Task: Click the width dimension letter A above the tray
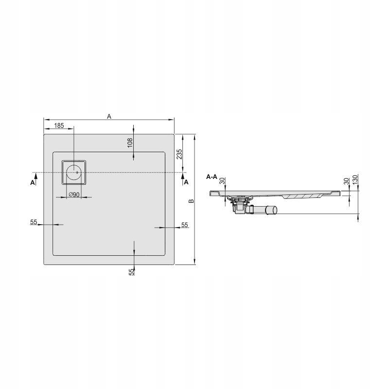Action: click(109, 116)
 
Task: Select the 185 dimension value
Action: click(59, 125)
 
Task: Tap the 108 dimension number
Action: click(130, 142)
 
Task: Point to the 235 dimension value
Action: click(179, 154)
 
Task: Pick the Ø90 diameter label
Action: click(74, 194)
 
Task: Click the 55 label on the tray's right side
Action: click(184, 225)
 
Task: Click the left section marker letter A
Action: click(33, 183)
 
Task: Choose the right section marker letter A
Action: click(186, 183)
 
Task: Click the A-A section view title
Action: click(212, 177)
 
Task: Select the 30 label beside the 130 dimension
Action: click(346, 181)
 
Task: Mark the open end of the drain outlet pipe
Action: click(274, 210)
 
